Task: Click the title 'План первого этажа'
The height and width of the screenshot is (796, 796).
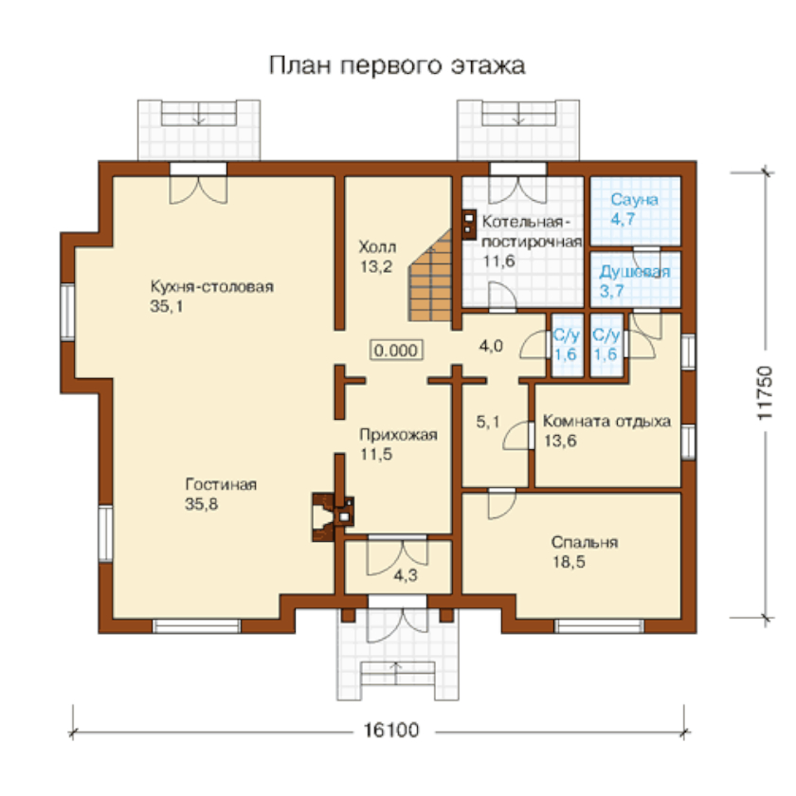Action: tap(396, 66)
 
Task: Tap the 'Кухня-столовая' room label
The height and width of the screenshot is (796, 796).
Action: tap(211, 286)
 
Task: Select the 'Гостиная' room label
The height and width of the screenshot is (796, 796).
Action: tap(221, 484)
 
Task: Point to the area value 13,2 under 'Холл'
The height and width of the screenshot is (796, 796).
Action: tap(376, 267)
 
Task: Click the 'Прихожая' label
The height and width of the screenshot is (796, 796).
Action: tap(398, 435)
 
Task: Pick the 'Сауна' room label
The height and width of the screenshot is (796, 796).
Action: tap(634, 200)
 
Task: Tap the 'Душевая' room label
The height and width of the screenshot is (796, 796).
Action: tap(635, 272)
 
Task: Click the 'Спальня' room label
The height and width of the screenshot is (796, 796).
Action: tap(585, 542)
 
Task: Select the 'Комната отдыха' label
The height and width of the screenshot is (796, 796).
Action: tap(606, 422)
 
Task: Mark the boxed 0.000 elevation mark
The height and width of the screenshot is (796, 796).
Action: tap(396, 351)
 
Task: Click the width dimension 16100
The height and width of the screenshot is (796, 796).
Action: tap(391, 730)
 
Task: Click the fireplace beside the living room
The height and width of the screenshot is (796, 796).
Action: tap(332, 516)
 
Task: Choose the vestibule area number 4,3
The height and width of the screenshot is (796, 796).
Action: tap(406, 575)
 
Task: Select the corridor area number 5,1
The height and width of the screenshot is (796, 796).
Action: tap(488, 422)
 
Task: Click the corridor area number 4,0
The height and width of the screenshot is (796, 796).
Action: tap(491, 346)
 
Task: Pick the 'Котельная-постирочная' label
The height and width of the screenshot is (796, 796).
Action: tap(532, 231)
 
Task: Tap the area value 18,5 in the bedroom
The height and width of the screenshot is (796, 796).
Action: tap(569, 562)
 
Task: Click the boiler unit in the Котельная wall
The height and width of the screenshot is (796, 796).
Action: tap(469, 224)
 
